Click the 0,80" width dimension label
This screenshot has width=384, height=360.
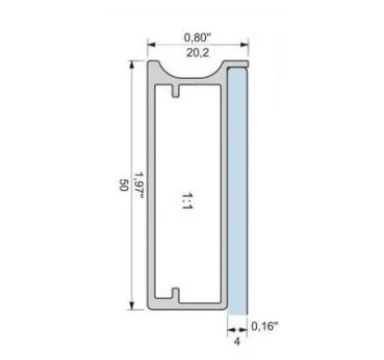(198, 38)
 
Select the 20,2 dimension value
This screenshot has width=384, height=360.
(198, 53)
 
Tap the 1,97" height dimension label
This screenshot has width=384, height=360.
(139, 186)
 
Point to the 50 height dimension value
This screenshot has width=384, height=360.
(123, 185)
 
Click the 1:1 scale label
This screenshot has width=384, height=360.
(187, 201)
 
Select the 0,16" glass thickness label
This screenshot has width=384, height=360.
(264, 326)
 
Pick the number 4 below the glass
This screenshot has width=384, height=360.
(237, 341)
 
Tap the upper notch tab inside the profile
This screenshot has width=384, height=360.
(175, 91)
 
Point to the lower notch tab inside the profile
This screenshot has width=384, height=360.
(175, 294)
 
